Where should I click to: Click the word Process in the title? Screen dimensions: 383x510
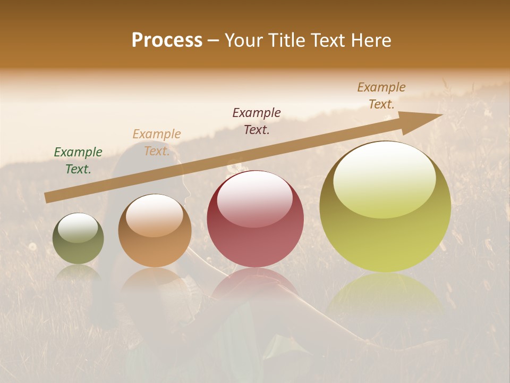167,40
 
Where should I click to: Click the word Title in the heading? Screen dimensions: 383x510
287,40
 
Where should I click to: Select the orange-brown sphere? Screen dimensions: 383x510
155,234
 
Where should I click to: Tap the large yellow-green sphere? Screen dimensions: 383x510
385,223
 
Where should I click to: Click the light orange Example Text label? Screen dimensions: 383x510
157,143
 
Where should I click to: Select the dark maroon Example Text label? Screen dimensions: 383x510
257,121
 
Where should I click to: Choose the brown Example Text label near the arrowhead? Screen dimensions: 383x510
381,96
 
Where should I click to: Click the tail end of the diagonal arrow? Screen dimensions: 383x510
48,198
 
